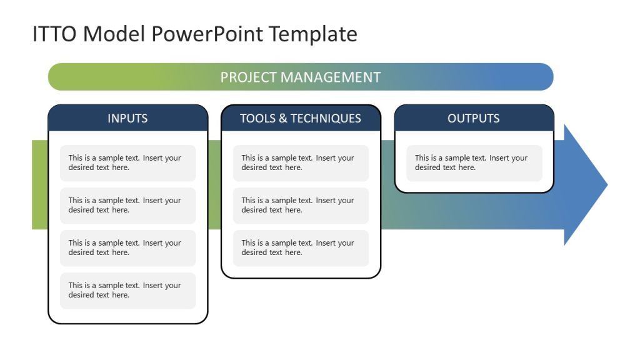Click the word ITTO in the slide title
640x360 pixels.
pos(54,34)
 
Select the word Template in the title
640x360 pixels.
pos(313,34)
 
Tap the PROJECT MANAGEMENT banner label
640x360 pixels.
pos(300,77)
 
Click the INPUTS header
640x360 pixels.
pos(127,118)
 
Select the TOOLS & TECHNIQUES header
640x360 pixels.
pos(300,118)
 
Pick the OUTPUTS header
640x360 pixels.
pos(473,118)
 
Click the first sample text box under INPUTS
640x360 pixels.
pos(127,163)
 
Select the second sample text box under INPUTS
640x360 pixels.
pos(127,206)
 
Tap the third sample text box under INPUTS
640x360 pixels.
pos(127,248)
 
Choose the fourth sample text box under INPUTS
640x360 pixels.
pos(127,291)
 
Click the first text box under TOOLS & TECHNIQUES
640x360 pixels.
pos(301,163)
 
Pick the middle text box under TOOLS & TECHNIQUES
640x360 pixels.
pos(301,206)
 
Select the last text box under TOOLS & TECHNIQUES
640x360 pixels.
pos(301,248)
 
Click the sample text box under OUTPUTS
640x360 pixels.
pos(474,163)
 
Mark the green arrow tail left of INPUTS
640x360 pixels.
pos(39,184)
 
